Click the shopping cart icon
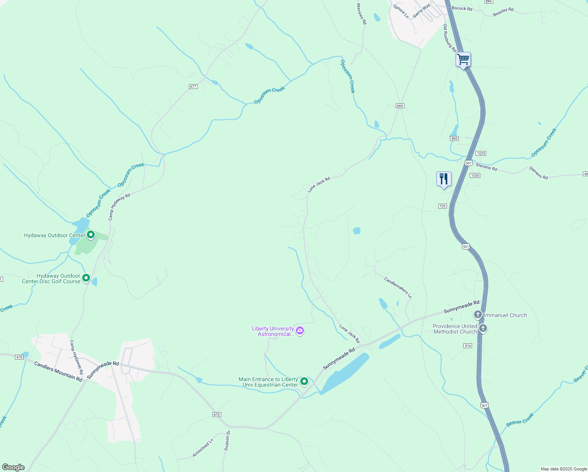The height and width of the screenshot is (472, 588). [x=463, y=60]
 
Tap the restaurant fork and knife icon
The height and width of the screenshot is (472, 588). [x=444, y=179]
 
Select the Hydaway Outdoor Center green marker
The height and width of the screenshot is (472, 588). [x=91, y=235]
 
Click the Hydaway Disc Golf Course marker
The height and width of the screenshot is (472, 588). [x=86, y=278]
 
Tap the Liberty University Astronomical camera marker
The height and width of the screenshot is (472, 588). [x=300, y=331]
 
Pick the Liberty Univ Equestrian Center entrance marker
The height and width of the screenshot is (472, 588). [x=304, y=382]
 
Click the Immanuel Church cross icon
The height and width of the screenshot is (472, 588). [x=478, y=315]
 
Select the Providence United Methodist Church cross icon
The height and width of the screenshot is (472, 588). [x=483, y=328]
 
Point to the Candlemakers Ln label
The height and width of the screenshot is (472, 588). [x=398, y=288]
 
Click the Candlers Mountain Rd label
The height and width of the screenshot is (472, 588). [x=58, y=371]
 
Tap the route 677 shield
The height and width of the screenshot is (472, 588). [x=193, y=87]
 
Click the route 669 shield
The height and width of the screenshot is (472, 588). [x=400, y=106]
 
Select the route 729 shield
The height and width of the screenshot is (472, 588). [x=443, y=206]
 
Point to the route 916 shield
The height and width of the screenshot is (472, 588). [x=467, y=346]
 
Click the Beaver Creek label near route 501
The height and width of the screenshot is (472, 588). [x=520, y=420]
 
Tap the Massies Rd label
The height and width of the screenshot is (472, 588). [x=361, y=14]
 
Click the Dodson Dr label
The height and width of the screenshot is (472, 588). [x=227, y=440]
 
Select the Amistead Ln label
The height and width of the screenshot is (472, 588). [x=203, y=448]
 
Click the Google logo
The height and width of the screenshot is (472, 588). [x=13, y=467]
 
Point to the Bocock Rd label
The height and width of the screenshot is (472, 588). [x=462, y=8]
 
